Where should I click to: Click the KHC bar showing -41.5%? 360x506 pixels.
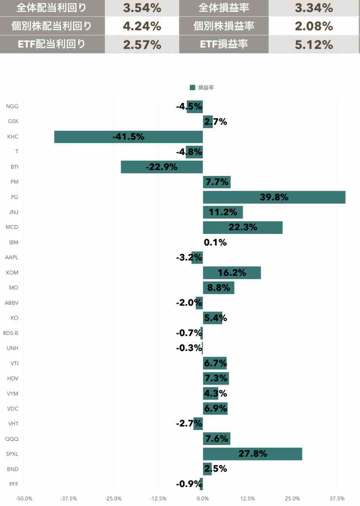tap(128, 137)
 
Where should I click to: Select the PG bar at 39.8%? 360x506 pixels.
tap(274, 197)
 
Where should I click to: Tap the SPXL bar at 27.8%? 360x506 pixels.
tap(252, 454)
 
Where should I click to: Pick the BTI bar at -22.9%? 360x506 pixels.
tap(161, 167)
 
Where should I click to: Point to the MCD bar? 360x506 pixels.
tap(243, 227)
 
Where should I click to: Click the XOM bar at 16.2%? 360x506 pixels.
tap(232, 273)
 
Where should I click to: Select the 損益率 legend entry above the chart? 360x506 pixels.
tap(202, 88)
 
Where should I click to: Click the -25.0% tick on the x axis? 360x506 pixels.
tap(113, 498)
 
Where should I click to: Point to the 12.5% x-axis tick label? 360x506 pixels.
tap(248, 498)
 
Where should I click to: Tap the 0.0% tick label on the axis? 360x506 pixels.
tap(203, 498)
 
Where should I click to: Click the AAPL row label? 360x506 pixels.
tap(11, 258)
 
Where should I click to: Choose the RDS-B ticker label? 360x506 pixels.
tap(11, 333)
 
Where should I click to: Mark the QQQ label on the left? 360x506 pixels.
tap(12, 439)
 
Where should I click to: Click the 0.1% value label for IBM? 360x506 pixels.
tap(215, 242)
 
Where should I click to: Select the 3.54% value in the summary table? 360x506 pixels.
tap(142, 8)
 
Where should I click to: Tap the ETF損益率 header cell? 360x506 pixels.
tap(224, 45)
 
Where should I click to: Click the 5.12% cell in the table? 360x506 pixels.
tap(314, 45)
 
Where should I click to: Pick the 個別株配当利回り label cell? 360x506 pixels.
tap(52, 26)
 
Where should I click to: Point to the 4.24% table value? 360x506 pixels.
tap(142, 26)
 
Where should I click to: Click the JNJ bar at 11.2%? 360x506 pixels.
tap(223, 212)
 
